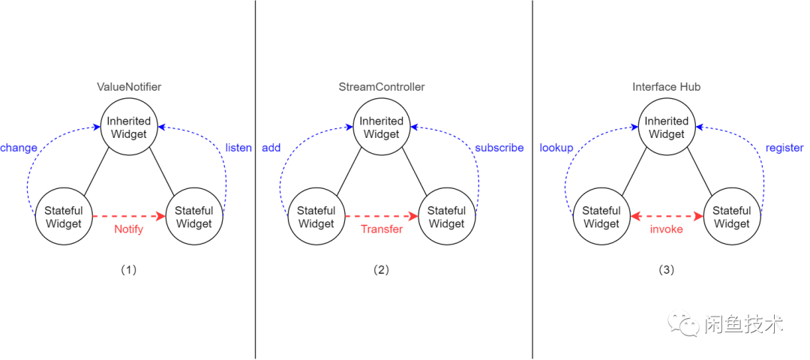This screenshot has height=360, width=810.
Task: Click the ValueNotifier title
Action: (129, 87)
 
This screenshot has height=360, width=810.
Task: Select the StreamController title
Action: (381, 87)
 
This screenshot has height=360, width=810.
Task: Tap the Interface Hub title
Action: (667, 87)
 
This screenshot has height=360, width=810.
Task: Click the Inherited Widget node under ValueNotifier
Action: (129, 127)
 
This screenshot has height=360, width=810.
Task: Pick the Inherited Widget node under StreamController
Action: (382, 127)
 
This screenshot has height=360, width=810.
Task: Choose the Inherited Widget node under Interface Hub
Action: (667, 127)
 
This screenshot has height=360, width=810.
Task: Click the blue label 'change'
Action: (19, 148)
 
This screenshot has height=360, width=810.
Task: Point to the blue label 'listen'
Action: (238, 148)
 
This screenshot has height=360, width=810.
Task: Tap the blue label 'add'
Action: (271, 148)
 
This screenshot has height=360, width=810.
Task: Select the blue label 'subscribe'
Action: (499, 148)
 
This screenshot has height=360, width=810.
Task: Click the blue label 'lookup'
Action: (556, 148)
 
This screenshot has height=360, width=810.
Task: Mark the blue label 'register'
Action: (784, 148)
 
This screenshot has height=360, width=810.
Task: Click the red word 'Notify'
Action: (128, 229)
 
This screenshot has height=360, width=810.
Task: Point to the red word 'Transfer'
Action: (382, 229)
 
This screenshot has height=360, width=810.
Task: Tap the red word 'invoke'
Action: (667, 229)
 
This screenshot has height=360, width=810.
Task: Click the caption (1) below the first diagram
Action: (129, 270)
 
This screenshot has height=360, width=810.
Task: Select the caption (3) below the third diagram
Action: (667, 270)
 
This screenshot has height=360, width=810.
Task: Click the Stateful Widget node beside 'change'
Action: (64, 217)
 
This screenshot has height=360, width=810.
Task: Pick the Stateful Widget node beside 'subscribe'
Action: (446, 217)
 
